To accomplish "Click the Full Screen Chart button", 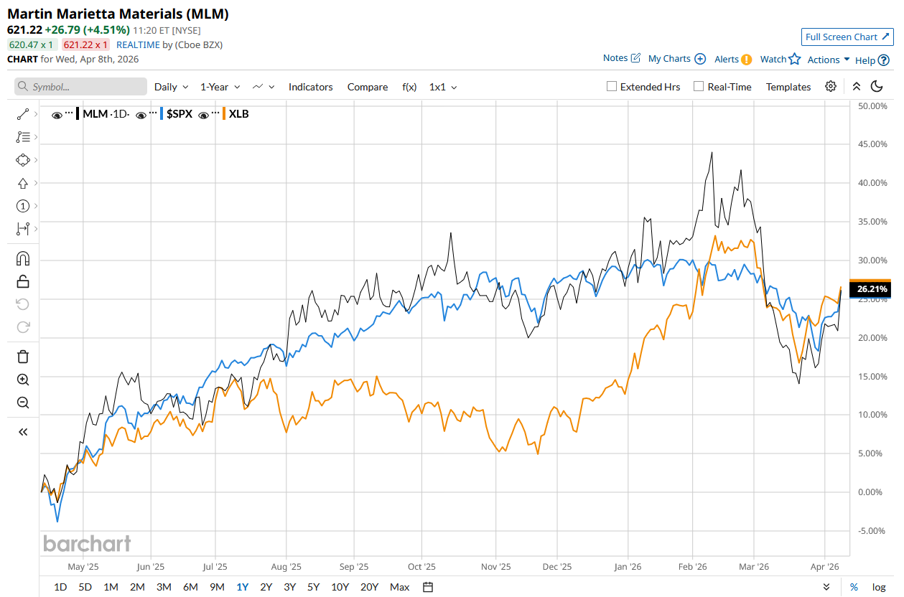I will (x=847, y=37).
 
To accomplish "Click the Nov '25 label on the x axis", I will (x=495, y=566).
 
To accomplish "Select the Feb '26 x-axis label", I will (x=693, y=566).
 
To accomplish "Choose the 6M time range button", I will (x=190, y=587).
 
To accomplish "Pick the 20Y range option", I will (x=369, y=587).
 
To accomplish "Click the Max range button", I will (x=400, y=587).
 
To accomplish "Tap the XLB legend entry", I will (x=238, y=114).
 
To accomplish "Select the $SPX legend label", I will (x=179, y=114).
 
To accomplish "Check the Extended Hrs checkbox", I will (x=612, y=87).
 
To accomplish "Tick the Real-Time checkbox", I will (x=699, y=87).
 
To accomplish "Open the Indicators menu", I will (x=310, y=87).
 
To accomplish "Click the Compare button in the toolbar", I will (x=368, y=87).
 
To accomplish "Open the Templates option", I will (x=788, y=87).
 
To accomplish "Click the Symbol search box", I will (x=80, y=87).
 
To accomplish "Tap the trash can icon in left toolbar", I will (x=23, y=357).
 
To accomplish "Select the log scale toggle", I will (x=879, y=587).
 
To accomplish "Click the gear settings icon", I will (x=831, y=87).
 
